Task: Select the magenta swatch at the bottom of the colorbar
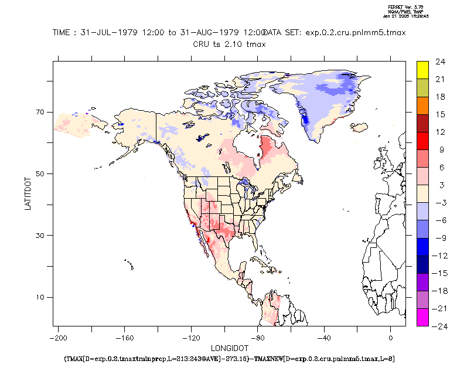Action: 422,317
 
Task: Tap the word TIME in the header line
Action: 63,33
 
